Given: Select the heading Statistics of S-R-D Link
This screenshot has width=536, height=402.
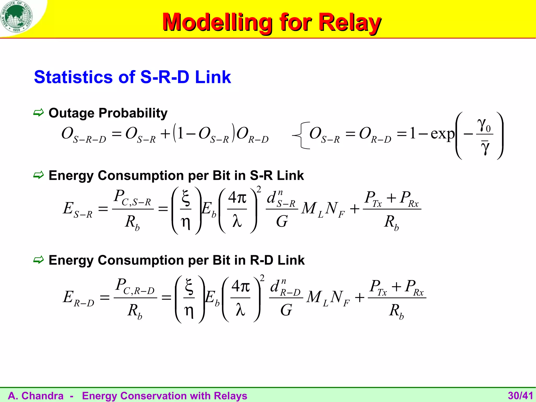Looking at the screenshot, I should click(132, 77).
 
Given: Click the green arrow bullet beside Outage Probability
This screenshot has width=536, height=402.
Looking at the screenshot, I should click(38, 113).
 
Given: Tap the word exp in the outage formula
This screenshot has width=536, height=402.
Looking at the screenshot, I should click(442, 134).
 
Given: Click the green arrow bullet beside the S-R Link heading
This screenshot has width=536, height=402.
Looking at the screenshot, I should click(38, 175).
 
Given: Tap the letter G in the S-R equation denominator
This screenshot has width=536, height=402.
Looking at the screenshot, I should click(282, 221).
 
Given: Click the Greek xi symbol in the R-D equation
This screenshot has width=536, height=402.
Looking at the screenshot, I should click(189, 286).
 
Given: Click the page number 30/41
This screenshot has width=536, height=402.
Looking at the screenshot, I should click(520, 396).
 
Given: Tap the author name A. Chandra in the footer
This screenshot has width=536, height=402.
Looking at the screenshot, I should click(36, 396).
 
